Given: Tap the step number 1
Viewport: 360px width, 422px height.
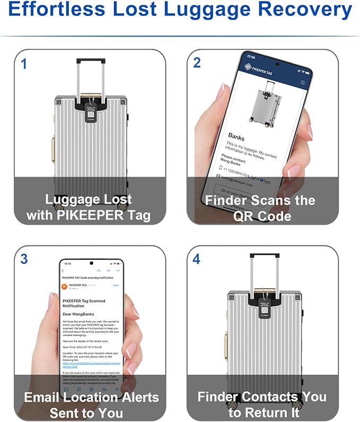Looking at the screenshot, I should (23, 64).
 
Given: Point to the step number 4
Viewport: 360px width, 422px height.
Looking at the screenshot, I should (197, 260).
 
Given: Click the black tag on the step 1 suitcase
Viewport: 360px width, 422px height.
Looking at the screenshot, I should (90, 112).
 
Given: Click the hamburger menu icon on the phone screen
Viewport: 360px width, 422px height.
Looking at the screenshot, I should (303, 83).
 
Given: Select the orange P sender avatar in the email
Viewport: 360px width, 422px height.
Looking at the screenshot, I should (65, 287).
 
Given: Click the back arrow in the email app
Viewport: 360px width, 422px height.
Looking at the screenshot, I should (63, 271).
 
